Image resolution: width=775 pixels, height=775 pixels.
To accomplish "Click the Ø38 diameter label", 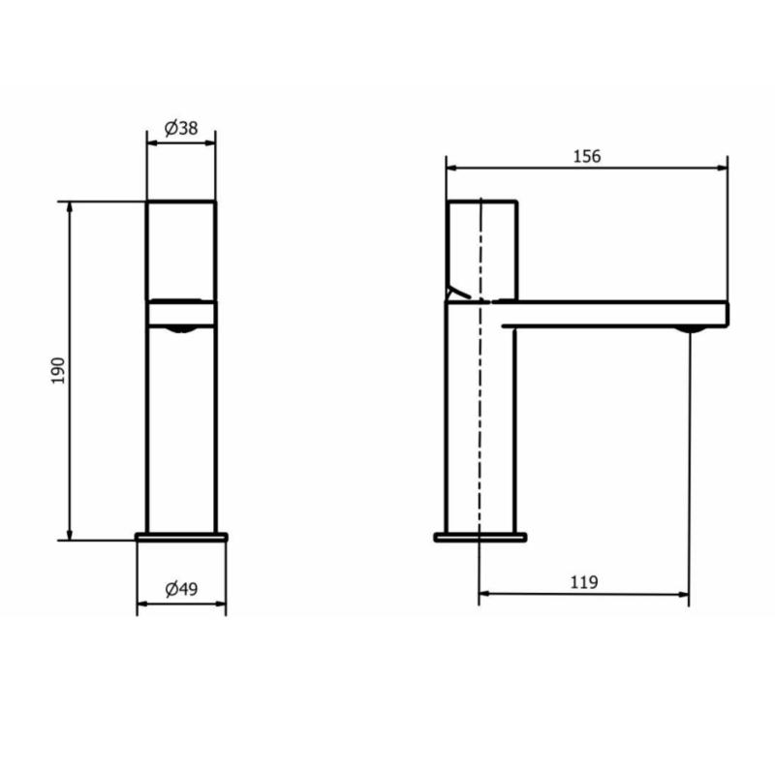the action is pos(181,129).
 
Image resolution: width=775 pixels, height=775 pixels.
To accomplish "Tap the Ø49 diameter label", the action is pos(181,589).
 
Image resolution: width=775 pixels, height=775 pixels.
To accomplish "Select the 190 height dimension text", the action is pos(58,371).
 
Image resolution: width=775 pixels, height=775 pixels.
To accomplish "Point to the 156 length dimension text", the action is pos(587,156).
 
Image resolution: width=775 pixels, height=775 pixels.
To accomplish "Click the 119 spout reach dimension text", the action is pos(584,582).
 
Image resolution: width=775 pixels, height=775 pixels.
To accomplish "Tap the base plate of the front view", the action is pos(181,537).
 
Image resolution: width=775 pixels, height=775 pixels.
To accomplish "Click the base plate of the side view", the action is pos(480,538).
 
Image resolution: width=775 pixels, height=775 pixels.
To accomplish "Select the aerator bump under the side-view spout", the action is pos(689,329).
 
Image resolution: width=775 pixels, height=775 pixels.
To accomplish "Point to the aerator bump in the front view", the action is pos(180,329).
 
